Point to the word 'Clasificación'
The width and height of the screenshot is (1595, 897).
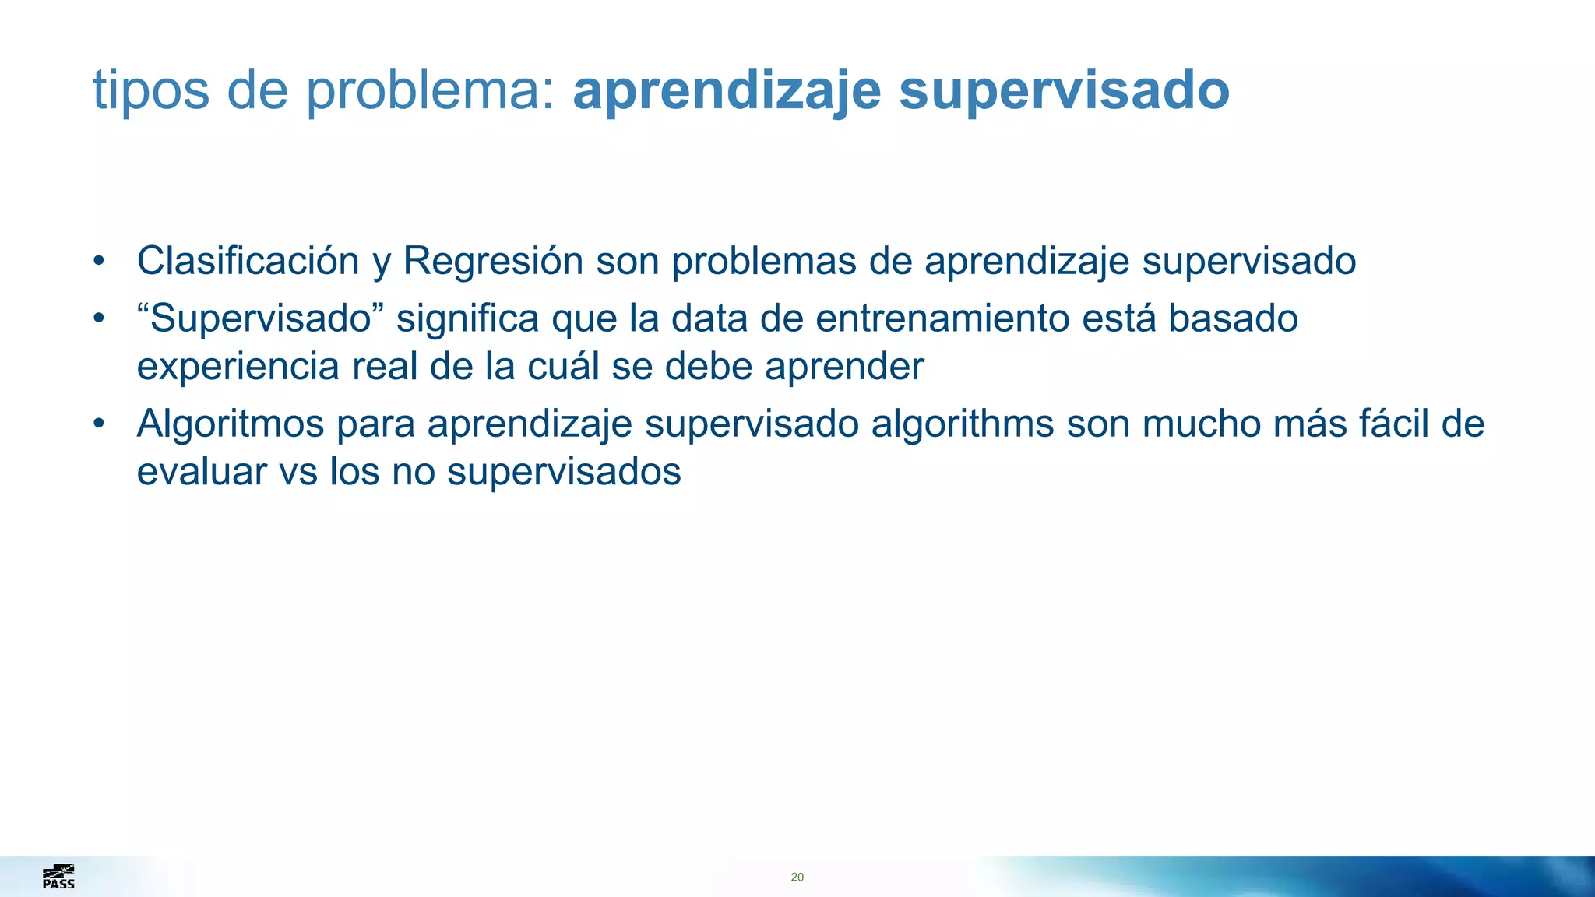(248, 261)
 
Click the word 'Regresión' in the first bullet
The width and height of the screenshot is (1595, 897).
(493, 261)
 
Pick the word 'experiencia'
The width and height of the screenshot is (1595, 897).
(238, 366)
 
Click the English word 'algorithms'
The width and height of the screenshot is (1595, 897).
(962, 424)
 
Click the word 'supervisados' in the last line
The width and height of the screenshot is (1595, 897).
(564, 472)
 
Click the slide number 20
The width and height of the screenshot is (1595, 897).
(797, 878)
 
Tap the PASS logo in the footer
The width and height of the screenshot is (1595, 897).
(58, 877)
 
